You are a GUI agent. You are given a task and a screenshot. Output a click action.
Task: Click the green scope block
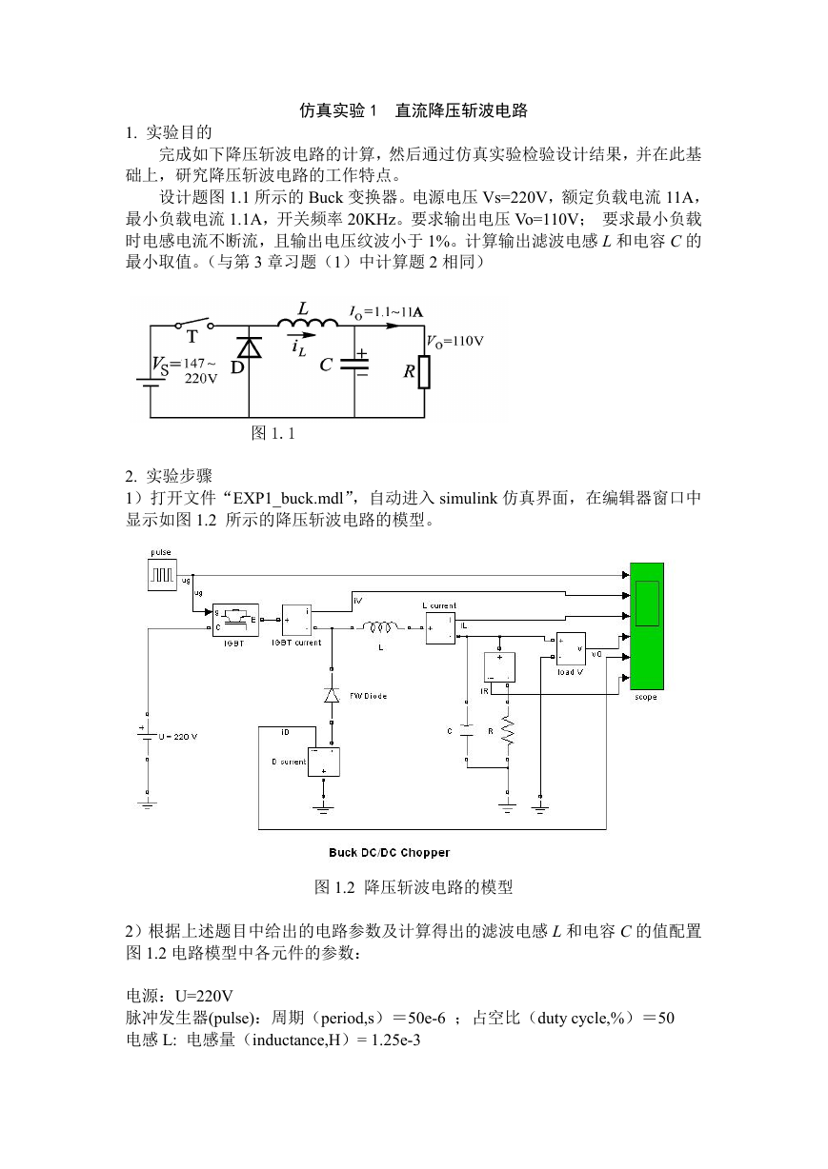click(x=646, y=625)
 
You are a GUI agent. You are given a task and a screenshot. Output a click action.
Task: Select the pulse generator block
click(x=162, y=575)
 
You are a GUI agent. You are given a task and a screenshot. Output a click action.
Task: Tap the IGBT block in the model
click(x=235, y=620)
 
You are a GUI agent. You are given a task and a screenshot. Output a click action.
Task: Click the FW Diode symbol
click(x=332, y=695)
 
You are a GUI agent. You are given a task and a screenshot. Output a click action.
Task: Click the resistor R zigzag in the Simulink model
click(x=507, y=729)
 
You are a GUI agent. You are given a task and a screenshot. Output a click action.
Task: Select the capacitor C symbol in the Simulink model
click(x=467, y=730)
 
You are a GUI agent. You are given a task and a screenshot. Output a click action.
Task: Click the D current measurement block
click(x=323, y=762)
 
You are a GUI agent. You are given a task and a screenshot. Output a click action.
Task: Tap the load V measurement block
click(x=571, y=648)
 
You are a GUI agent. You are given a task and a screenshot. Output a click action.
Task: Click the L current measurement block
click(x=440, y=628)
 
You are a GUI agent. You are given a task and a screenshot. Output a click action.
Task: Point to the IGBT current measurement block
click(x=296, y=621)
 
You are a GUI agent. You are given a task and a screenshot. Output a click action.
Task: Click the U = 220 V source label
click(x=177, y=737)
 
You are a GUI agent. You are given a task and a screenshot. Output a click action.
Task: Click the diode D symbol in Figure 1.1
click(x=249, y=347)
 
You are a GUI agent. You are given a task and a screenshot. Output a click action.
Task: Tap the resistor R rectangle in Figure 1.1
click(x=424, y=372)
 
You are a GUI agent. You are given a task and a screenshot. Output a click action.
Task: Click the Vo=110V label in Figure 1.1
click(x=455, y=342)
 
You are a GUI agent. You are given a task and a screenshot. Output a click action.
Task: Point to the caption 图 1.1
click(x=273, y=432)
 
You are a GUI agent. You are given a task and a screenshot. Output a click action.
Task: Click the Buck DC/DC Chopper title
click(x=389, y=853)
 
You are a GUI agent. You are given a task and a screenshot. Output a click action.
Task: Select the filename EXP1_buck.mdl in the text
click(x=288, y=499)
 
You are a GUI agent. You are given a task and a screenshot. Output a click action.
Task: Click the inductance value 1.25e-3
click(x=395, y=1040)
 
